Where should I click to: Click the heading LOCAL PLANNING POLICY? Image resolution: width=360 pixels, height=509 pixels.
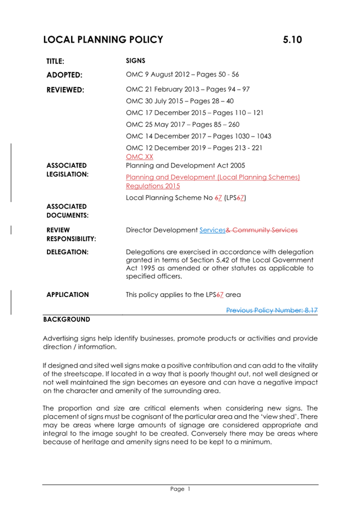pos(103,40)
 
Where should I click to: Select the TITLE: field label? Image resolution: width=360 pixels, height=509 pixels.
pos(56,61)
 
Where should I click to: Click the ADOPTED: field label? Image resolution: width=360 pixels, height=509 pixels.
pos(64,74)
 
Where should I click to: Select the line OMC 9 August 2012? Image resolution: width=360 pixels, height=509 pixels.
pos(182,74)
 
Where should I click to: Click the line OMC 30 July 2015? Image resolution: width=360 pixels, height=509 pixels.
pos(180,101)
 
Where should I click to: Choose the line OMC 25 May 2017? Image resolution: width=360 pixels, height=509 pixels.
pos(182,124)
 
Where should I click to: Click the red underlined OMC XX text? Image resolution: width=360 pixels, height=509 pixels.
pos(139,157)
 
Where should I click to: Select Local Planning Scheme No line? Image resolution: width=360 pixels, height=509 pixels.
pos(186,197)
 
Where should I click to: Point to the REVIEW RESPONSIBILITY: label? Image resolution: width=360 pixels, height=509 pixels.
pos(71,234)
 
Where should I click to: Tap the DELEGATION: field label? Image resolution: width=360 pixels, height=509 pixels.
pos(67,252)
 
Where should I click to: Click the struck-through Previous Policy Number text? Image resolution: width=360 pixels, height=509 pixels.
pos(272,311)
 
